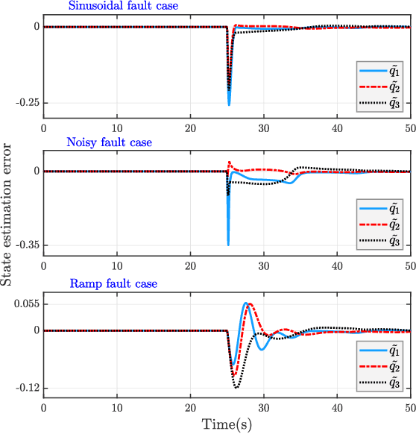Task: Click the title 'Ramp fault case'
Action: point(113,284)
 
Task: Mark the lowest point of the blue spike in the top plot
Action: point(229,105)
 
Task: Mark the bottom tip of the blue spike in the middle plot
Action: point(228,245)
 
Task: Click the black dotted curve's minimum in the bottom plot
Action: point(236,388)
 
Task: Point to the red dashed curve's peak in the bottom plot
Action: point(250,304)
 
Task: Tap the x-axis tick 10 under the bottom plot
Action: point(116,409)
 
